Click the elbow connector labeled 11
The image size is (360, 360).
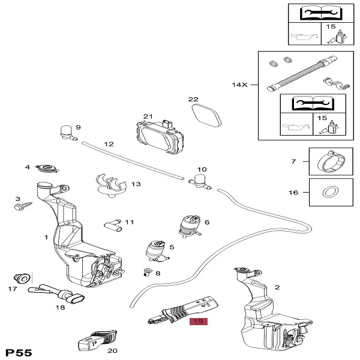point(112,224)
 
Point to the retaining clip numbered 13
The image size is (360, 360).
point(110,182)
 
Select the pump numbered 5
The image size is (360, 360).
point(156,250)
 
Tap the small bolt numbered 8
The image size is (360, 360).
point(148,272)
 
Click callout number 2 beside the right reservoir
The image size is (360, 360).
point(277,288)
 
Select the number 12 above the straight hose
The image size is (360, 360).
point(109,144)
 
